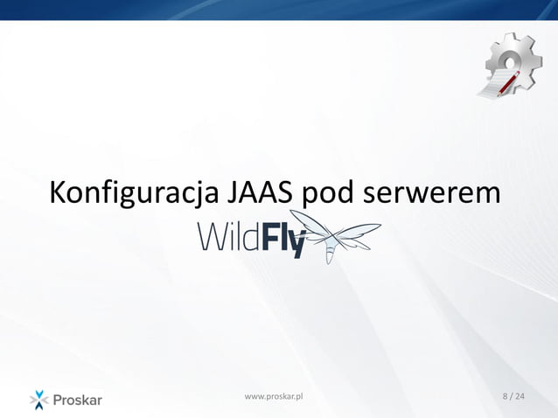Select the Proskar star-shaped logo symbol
39,400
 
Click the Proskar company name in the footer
78,401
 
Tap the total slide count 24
521,397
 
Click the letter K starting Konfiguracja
59,192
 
